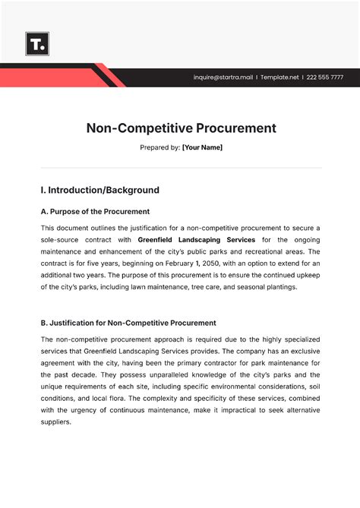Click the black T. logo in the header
36,43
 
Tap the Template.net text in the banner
279,77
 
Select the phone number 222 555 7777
326,77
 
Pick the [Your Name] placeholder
202,147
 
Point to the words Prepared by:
158,147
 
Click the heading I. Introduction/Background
99,190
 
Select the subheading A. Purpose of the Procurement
95,211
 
